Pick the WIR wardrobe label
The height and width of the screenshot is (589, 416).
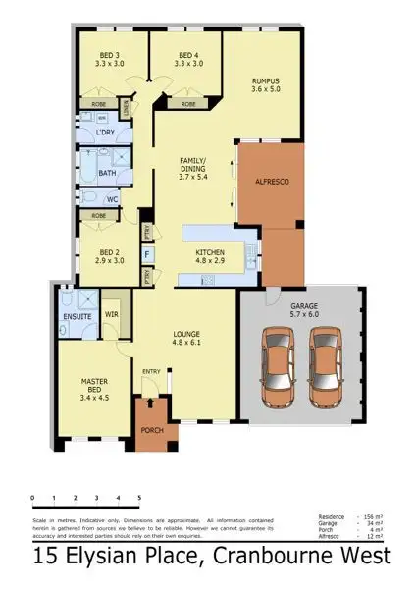[x=112, y=316]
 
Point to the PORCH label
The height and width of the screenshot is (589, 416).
[x=151, y=429]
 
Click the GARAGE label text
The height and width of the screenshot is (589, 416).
[x=305, y=310]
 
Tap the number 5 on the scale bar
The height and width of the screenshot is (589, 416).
[x=139, y=498]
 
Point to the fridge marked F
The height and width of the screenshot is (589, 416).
[x=147, y=254]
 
